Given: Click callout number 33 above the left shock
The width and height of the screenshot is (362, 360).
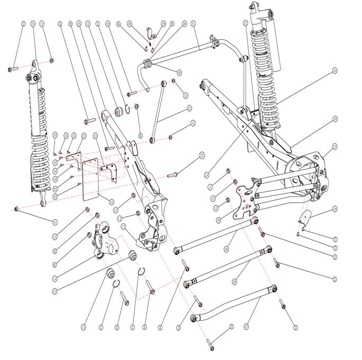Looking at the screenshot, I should [33, 24].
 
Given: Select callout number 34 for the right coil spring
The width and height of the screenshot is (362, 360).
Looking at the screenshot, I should [334, 70].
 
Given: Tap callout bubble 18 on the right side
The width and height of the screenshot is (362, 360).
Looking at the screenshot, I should [334, 119].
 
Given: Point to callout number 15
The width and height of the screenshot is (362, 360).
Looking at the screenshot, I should [334, 146].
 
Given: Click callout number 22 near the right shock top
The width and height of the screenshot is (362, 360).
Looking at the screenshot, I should [246, 23].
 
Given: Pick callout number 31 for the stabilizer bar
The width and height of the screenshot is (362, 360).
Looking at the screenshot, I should [194, 24].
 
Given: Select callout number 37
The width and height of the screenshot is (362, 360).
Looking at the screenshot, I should [202, 156].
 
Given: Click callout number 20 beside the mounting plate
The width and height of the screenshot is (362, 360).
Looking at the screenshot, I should [218, 220].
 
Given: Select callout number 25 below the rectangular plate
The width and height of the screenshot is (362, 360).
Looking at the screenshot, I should [111, 202].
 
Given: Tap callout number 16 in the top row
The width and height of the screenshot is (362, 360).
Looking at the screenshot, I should [79, 24].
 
